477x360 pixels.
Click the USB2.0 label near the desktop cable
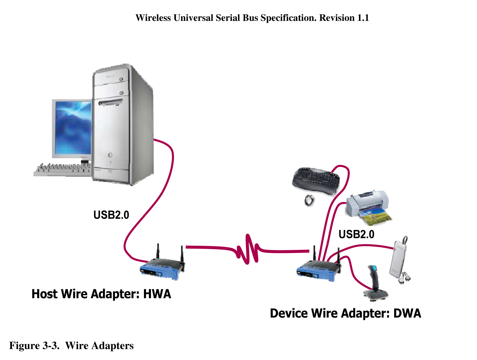[x=111, y=215]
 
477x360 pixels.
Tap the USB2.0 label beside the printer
[x=356, y=234]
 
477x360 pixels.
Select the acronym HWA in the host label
[x=157, y=294]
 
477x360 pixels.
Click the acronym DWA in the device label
[x=407, y=313]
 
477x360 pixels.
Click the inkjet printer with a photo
[x=368, y=207]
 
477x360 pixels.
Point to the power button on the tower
[x=110, y=155]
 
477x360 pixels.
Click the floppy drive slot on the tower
[x=110, y=102]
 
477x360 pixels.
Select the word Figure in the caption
[x=24, y=345]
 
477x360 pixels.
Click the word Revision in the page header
[x=337, y=18]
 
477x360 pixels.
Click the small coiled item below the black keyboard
[x=309, y=200]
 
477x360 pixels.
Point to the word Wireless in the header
[x=153, y=18]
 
